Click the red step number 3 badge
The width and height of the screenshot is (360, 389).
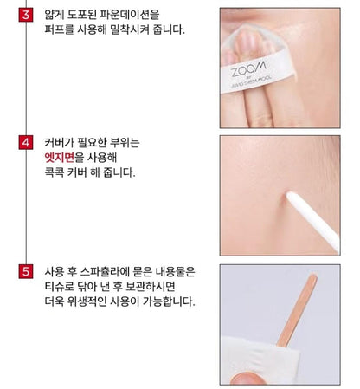coord(25,16)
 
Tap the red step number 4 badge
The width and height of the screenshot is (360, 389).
coord(25,142)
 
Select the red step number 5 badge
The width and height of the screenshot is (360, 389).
coord(25,269)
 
